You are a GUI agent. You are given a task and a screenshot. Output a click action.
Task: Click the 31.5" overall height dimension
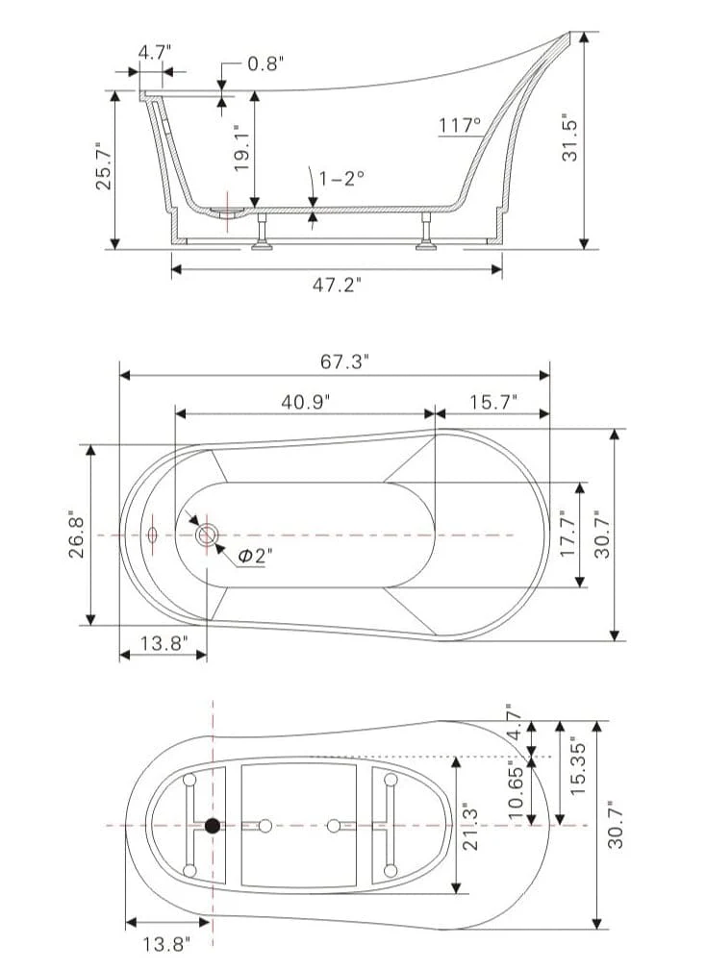(x=569, y=137)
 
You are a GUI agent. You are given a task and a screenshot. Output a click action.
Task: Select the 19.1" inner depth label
(x=241, y=148)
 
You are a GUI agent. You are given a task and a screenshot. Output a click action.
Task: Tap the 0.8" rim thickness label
(x=265, y=63)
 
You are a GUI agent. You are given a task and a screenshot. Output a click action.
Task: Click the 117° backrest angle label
(x=460, y=126)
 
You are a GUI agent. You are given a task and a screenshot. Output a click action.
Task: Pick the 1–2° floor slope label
(x=341, y=178)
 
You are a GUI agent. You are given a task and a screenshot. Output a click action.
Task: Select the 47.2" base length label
(x=337, y=285)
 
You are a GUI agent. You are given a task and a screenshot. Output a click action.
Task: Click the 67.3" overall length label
(x=344, y=361)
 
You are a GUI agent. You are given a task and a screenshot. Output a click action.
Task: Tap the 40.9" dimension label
(x=306, y=402)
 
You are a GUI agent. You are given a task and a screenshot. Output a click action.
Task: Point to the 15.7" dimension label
(x=493, y=402)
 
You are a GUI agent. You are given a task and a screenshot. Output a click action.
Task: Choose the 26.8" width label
(x=76, y=535)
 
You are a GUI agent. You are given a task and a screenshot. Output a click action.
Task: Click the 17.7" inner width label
(x=568, y=534)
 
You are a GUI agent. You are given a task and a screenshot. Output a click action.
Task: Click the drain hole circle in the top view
(x=207, y=535)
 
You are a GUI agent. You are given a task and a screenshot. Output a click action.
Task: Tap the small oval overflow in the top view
(x=152, y=535)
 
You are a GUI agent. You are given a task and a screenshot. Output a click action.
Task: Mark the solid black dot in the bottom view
(x=213, y=825)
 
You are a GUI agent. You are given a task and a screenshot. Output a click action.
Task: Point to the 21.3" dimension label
(x=471, y=829)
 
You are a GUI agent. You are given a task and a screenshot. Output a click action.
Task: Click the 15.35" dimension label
(x=577, y=766)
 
